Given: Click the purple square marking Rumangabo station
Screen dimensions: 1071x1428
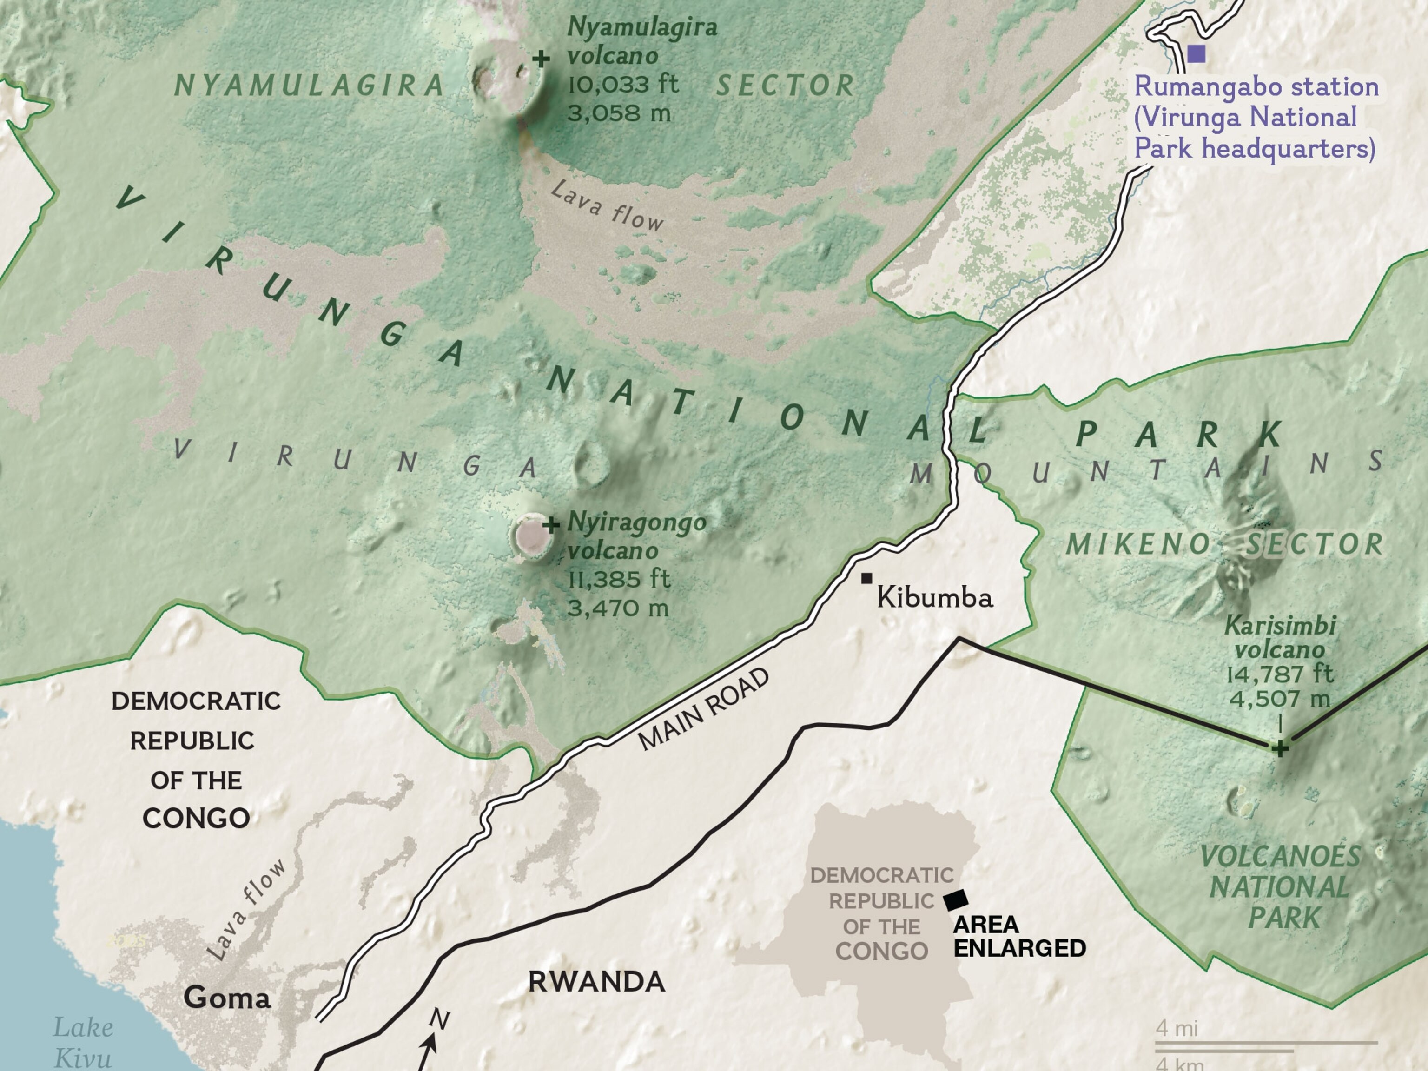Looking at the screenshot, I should click(x=1196, y=53).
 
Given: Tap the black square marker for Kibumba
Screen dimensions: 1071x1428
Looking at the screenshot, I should click(x=866, y=578).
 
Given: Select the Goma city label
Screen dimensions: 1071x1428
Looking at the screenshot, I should click(x=227, y=998).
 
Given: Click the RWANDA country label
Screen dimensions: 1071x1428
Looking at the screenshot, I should click(x=596, y=982).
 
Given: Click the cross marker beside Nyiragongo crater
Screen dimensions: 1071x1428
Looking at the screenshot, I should click(x=551, y=524).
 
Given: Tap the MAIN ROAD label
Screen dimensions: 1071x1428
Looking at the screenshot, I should click(x=704, y=709).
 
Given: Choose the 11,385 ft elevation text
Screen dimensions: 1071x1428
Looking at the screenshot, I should click(x=618, y=579).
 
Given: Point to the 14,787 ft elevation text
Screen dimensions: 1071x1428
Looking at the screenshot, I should click(x=1280, y=674).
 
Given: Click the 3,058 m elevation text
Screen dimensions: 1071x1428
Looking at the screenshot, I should click(x=618, y=113).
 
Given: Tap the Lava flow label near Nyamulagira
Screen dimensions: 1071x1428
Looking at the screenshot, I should click(x=607, y=206).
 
